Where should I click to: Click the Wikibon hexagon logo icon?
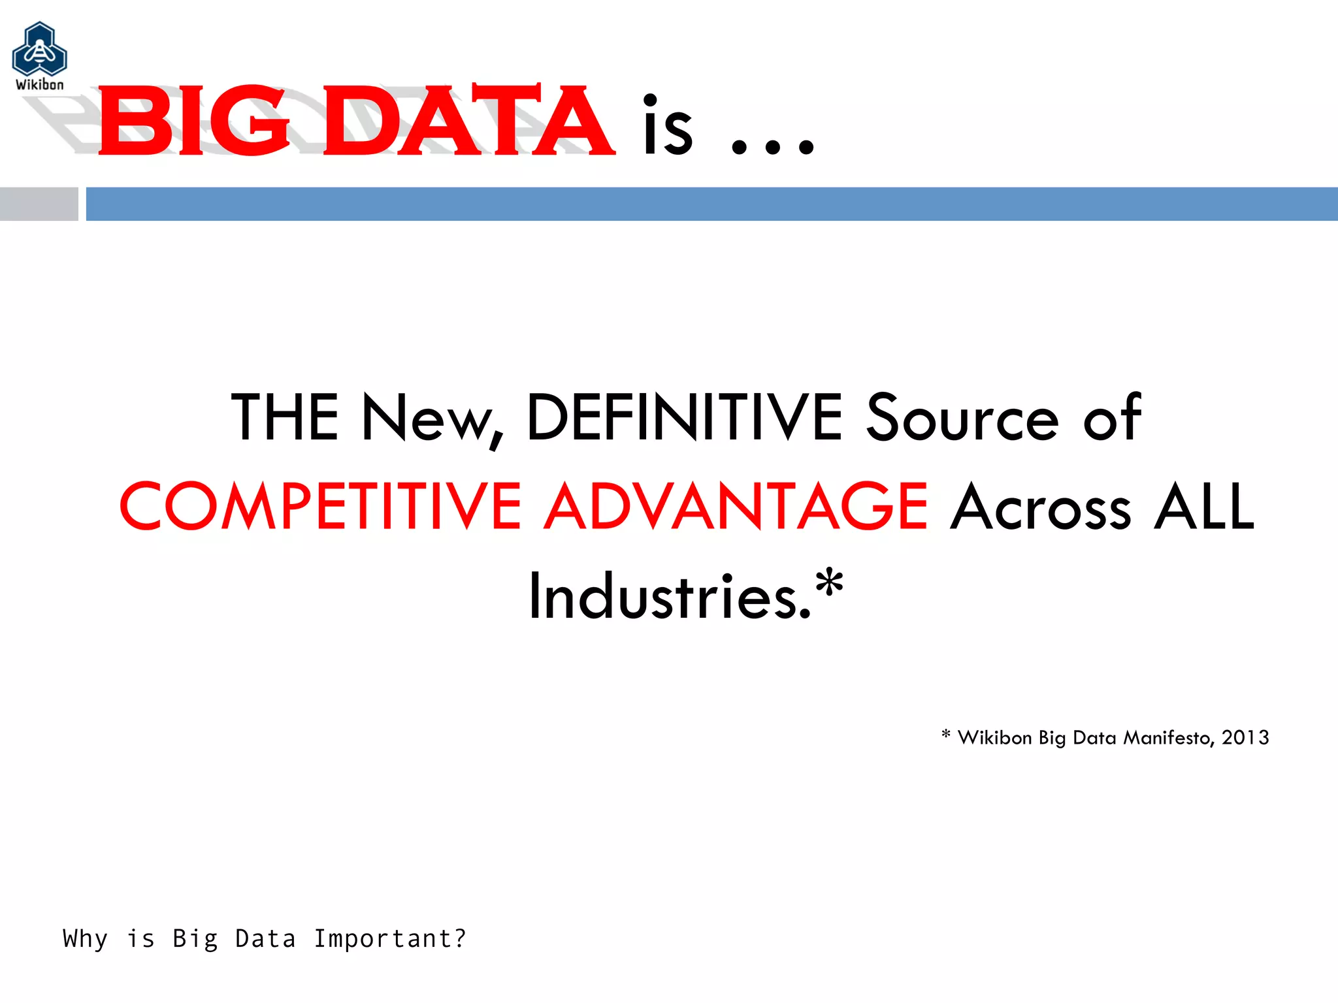point(39,50)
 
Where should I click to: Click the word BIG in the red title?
point(193,121)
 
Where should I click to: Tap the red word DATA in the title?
point(468,121)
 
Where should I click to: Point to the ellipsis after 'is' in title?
point(772,145)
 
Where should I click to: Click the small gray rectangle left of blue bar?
point(39,204)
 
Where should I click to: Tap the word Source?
point(962,418)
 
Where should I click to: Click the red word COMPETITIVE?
point(320,506)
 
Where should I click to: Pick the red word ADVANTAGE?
point(736,506)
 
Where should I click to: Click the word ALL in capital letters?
point(1204,506)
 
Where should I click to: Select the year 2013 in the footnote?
point(1245,737)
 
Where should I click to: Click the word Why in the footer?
point(85,939)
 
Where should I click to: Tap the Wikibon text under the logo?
point(40,85)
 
